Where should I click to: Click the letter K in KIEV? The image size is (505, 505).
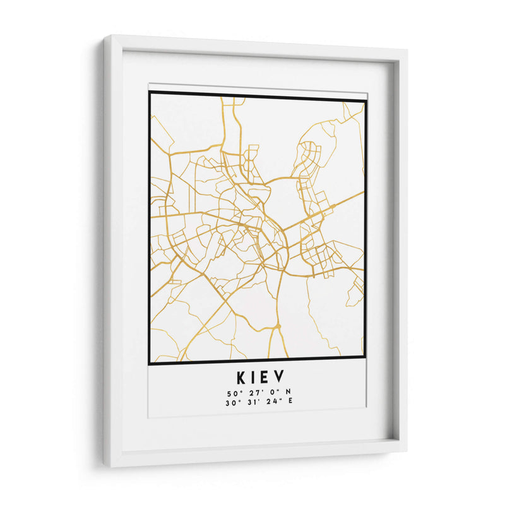pyautogui.click(x=242, y=377)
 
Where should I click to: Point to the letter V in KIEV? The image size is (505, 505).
pyautogui.click(x=280, y=377)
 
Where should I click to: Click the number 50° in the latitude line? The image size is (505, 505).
pyautogui.click(x=232, y=393)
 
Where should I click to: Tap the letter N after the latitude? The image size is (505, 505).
pyautogui.click(x=288, y=393)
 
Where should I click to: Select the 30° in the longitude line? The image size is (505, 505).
pyautogui.click(x=231, y=401)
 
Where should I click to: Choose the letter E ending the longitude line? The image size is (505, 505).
pyautogui.click(x=290, y=401)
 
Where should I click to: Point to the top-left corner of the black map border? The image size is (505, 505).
pyautogui.click(x=150, y=93)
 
